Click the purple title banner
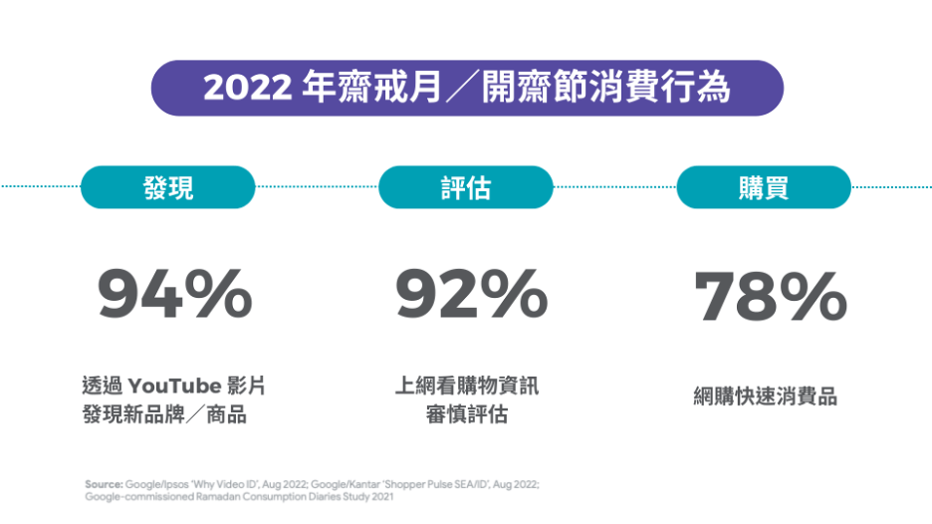coord(466,88)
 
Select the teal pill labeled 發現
coord(167,187)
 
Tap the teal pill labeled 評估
coord(466,187)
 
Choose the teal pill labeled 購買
coord(764,187)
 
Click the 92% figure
coord(471,295)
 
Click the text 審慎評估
coord(466,414)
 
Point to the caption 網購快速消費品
coord(765,396)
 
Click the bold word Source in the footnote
coord(104,483)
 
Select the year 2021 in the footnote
coord(380,495)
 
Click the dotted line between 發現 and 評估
coord(317,186)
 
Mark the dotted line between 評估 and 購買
coord(614,186)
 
